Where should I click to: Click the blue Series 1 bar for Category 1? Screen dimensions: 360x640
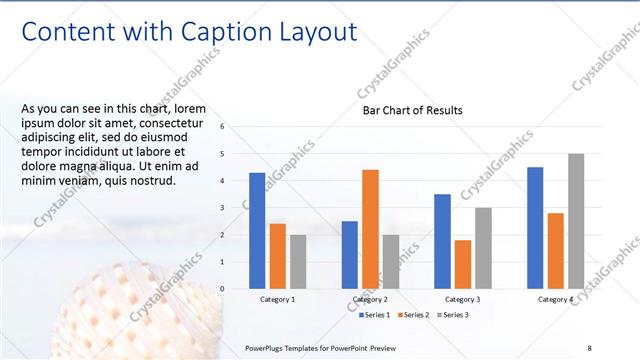[x=257, y=230]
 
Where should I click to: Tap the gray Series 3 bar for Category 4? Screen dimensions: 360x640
[x=576, y=221]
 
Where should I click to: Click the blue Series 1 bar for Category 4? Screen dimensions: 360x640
[x=535, y=228]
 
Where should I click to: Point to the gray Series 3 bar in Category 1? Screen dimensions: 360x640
[x=298, y=261]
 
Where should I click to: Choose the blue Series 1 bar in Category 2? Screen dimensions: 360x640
[x=350, y=254]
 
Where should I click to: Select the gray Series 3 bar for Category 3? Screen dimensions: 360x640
[x=483, y=248]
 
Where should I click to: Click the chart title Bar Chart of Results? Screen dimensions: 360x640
[x=412, y=110]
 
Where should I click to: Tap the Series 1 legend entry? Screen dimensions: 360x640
[x=377, y=315]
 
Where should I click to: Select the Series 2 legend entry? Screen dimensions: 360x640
[x=412, y=315]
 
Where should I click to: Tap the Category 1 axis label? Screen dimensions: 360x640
[x=277, y=299]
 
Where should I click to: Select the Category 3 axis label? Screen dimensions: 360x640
[x=462, y=299]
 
